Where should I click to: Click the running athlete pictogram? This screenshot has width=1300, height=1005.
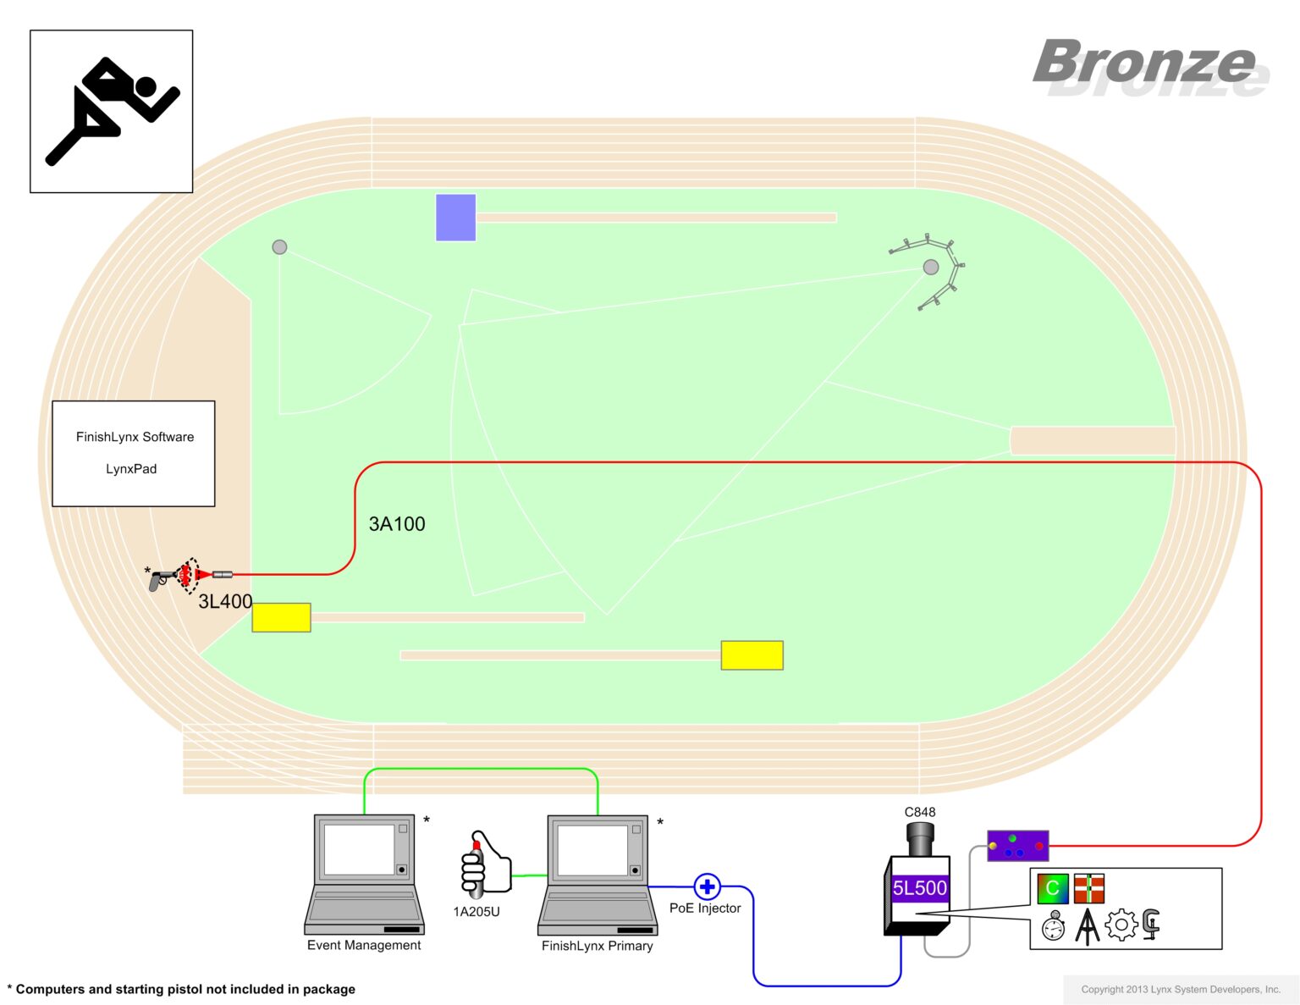pyautogui.click(x=111, y=111)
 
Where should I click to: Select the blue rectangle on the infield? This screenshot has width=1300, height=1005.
pyautogui.click(x=455, y=218)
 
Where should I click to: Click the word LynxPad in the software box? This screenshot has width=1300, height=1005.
pyautogui.click(x=131, y=469)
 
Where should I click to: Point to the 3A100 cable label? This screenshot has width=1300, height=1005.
pyautogui.click(x=397, y=524)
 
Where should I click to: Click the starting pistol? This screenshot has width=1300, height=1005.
pyautogui.click(x=160, y=578)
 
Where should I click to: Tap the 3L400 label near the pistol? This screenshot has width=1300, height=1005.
pyautogui.click(x=225, y=601)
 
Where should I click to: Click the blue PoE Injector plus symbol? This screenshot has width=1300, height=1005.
pyautogui.click(x=707, y=886)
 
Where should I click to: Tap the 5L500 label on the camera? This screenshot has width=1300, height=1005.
pyautogui.click(x=920, y=888)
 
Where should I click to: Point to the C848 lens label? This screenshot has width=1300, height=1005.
pyautogui.click(x=920, y=812)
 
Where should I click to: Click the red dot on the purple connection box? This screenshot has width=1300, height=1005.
pyautogui.click(x=1039, y=846)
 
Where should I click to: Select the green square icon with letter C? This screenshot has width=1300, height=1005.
pyautogui.click(x=1053, y=888)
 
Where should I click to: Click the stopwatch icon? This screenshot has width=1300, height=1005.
pyautogui.click(x=1053, y=926)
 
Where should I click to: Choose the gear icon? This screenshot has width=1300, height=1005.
pyautogui.click(x=1121, y=925)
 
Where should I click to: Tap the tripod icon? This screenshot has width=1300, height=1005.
pyautogui.click(x=1088, y=926)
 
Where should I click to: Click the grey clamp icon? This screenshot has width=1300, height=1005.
pyautogui.click(x=1151, y=925)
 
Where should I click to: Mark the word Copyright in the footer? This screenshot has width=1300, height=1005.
pyautogui.click(x=1102, y=989)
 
